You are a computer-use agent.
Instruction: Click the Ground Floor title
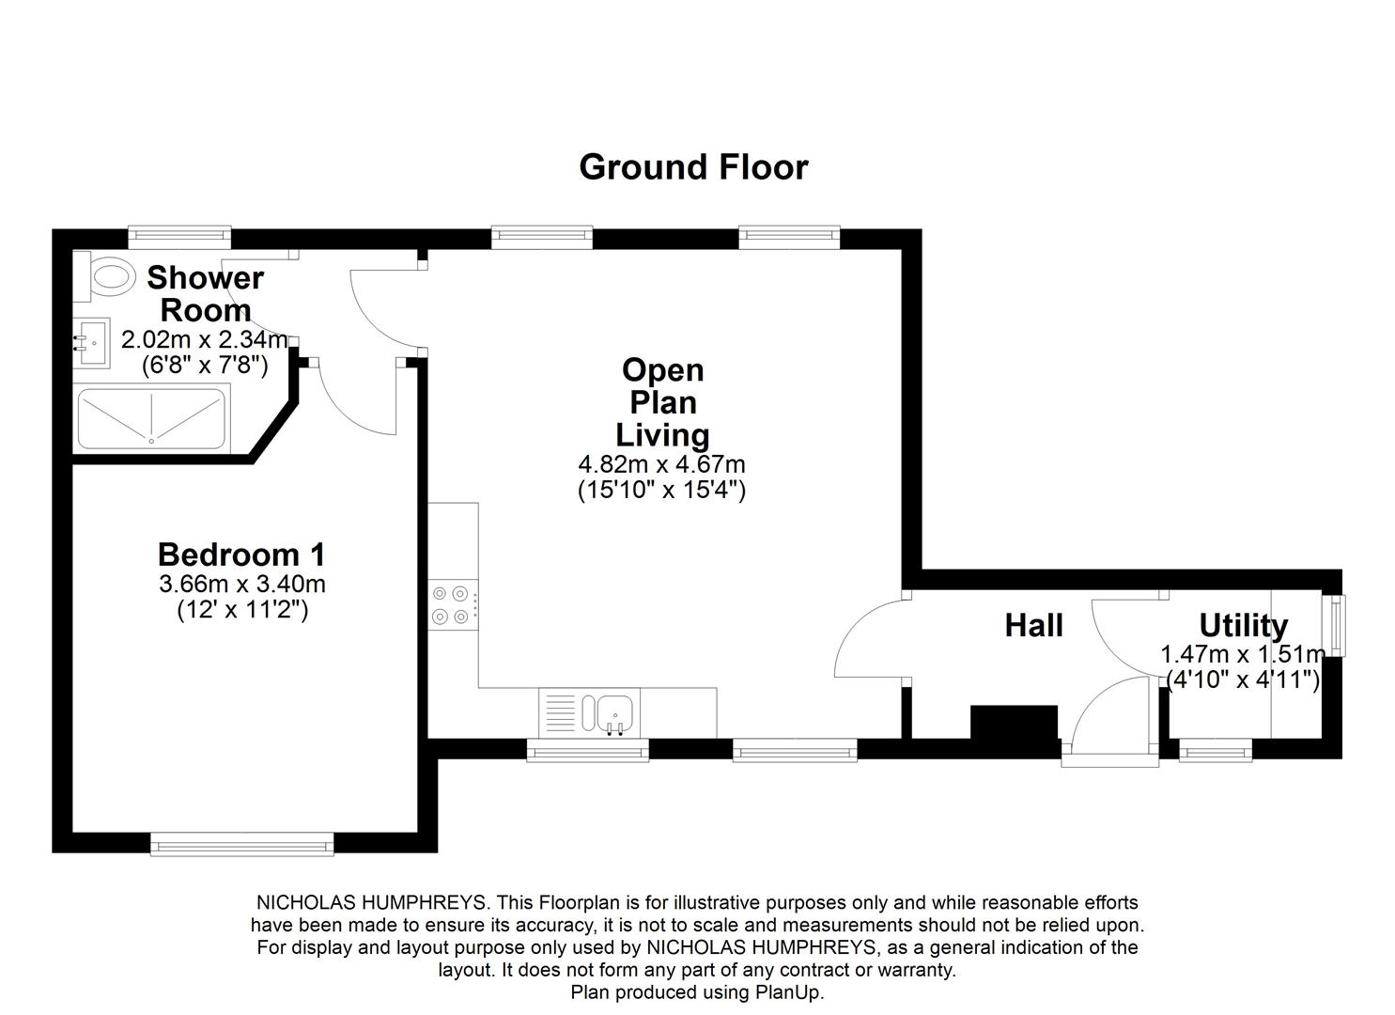pos(693,167)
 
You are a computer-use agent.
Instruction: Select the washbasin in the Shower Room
pos(92,343)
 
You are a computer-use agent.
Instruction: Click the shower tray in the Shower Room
pos(151,418)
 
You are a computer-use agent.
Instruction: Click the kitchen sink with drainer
pos(589,713)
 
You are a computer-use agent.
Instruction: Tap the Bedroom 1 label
pos(241,554)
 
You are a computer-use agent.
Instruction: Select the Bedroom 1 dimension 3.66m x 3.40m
pos(242,584)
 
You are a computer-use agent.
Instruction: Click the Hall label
pos(1033,625)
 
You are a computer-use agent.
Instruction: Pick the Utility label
pos(1243,625)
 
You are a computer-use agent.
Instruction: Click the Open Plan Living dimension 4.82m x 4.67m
pos(661,464)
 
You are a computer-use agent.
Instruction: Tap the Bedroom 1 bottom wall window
pos(242,843)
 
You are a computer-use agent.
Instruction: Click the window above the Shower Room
pos(179,237)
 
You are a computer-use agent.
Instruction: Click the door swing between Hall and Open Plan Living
pos(869,639)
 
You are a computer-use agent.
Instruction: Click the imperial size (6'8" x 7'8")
pos(205,365)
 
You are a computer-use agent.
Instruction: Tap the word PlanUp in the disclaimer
pos(788,992)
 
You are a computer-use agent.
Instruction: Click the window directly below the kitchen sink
pos(587,749)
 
